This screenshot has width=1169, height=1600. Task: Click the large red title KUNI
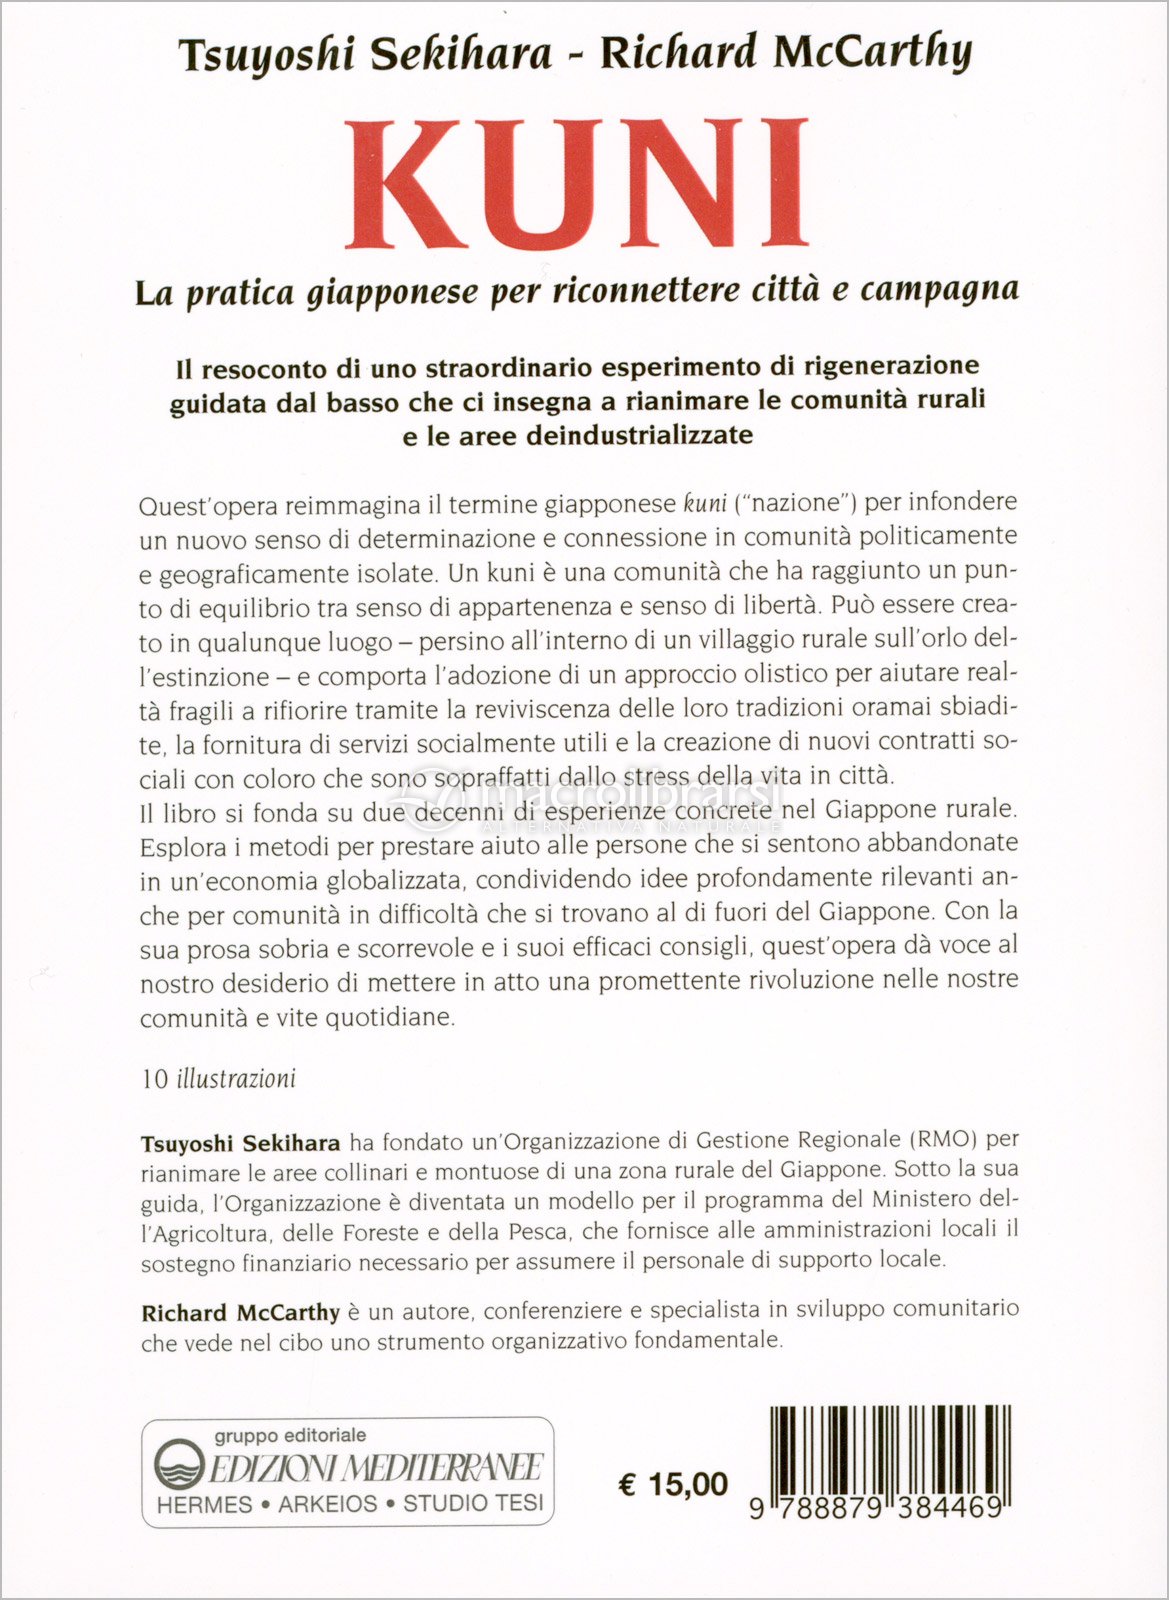[x=577, y=185]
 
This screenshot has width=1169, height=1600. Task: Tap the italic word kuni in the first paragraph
[x=704, y=503]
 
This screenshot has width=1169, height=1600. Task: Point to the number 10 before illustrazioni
[x=155, y=1080]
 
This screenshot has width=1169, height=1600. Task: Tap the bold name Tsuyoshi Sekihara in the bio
[x=241, y=1142]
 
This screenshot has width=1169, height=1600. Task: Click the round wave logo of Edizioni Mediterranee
[x=179, y=1466]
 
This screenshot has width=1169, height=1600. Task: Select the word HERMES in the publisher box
[x=205, y=1504]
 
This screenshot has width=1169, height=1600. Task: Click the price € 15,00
[x=673, y=1485]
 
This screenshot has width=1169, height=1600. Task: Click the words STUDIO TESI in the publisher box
[x=473, y=1504]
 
